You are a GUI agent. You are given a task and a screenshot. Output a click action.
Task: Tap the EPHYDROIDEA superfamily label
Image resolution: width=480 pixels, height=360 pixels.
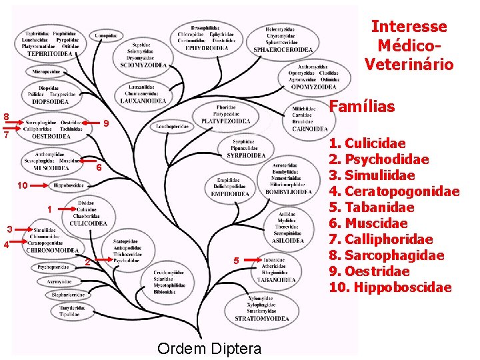pyautogui.click(x=207, y=48)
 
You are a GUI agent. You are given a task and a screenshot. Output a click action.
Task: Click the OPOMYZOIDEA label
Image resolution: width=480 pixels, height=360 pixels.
pyautogui.click(x=313, y=87)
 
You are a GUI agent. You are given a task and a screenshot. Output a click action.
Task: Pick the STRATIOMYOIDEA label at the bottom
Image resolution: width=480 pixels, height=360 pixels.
pyautogui.click(x=261, y=319)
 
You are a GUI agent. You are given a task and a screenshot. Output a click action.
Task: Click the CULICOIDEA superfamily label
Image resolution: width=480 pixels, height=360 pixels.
pyautogui.click(x=88, y=224)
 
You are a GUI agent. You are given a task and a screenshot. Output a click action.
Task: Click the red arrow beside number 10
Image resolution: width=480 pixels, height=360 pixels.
pyautogui.click(x=39, y=185)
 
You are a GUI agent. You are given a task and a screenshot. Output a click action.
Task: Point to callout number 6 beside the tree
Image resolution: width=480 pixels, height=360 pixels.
pyautogui.click(x=98, y=167)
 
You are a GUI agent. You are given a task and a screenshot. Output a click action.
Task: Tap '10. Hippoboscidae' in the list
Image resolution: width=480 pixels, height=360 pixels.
pyautogui.click(x=390, y=287)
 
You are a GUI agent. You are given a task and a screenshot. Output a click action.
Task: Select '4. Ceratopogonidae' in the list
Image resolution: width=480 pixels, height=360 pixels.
pyautogui.click(x=393, y=191)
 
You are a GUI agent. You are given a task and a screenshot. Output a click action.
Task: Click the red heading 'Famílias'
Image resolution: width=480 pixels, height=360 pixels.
pyautogui.click(x=363, y=107)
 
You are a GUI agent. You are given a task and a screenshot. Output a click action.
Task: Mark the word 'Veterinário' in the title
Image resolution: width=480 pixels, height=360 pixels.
pyautogui.click(x=409, y=65)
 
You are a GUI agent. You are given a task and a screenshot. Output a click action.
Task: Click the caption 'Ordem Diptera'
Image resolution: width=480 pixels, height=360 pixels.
pyautogui.click(x=209, y=348)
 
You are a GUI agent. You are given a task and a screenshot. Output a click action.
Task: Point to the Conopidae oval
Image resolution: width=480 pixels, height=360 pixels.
pyautogui.click(x=106, y=35)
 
